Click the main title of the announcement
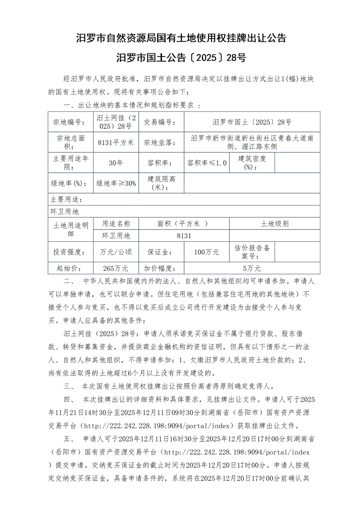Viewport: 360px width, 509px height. pyautogui.click(x=180, y=38)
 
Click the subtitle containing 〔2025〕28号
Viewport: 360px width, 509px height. pyautogui.click(x=180, y=58)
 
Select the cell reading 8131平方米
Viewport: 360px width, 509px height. pyautogui.click(x=116, y=142)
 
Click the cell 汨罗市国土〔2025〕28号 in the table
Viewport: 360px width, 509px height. pyautogui.click(x=252, y=122)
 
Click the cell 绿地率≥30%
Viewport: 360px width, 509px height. pyautogui.click(x=116, y=184)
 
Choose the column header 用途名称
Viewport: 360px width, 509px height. pyautogui.click(x=116, y=224)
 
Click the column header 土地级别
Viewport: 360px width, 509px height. pyautogui.click(x=275, y=224)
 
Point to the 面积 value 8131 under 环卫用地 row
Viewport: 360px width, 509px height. pyautogui.click(x=184, y=235)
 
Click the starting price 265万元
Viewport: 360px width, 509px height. pyautogui.click(x=116, y=268)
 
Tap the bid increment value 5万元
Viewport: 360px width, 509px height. pyautogui.click(x=252, y=268)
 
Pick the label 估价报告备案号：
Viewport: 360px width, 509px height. pyautogui.click(x=252, y=252)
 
